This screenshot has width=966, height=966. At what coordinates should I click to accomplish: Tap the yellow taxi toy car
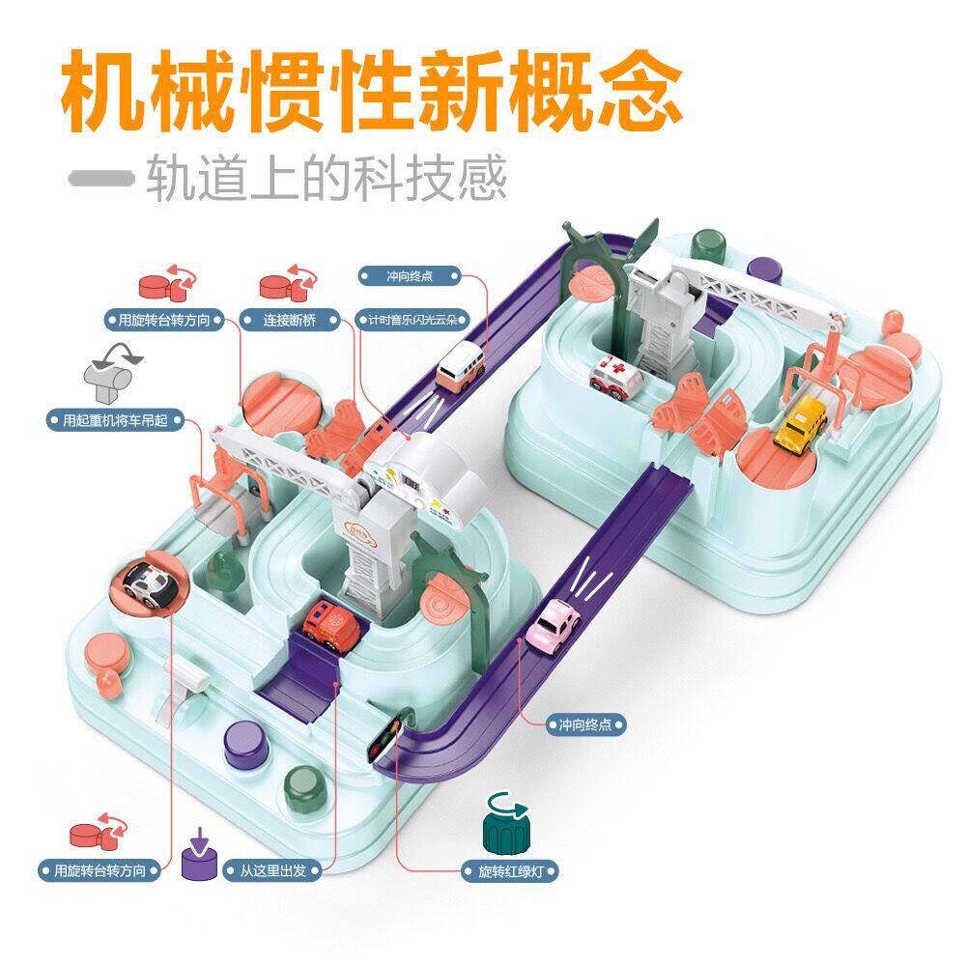[x=798, y=421]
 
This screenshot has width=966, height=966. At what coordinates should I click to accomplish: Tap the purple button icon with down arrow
[x=199, y=850]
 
